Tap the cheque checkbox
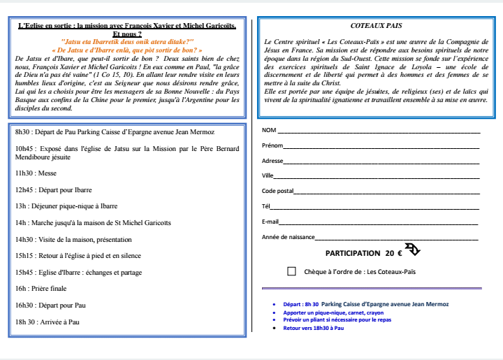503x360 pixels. tap(291, 271)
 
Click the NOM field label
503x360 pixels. tap(268, 131)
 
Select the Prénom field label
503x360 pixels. tap(272, 145)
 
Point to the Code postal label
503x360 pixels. tap(277, 191)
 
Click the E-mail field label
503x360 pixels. tap(270, 222)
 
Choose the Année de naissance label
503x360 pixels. tap(288, 237)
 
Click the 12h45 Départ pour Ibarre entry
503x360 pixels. tap(53, 189)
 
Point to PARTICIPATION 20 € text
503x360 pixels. tap(363, 253)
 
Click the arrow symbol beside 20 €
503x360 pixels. tap(412, 250)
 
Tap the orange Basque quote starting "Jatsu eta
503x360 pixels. tap(127, 42)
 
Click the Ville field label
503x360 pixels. tap(268, 175)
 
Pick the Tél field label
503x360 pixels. tap(265, 206)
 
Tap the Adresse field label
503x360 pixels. tap(272, 161)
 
